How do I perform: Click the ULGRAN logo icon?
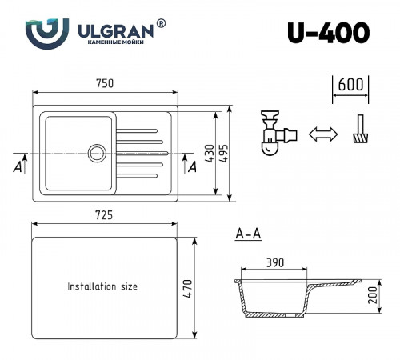click(41, 35)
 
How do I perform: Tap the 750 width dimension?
click(105, 84)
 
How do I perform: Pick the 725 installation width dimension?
click(105, 214)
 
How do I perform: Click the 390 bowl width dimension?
click(274, 262)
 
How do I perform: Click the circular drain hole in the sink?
click(97, 151)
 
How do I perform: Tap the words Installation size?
click(102, 286)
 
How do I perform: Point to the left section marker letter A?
click(17, 166)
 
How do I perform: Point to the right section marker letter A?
click(192, 166)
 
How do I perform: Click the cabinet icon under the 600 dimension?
click(360, 130)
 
